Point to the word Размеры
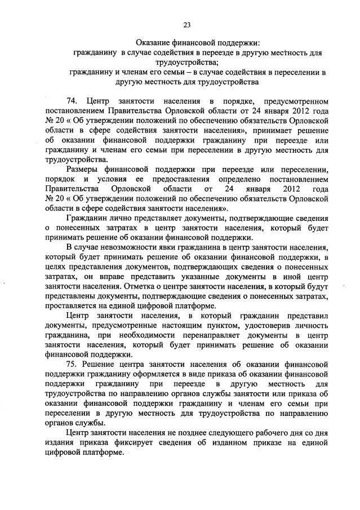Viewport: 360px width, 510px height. point(83,171)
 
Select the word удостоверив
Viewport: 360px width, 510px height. point(265,325)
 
